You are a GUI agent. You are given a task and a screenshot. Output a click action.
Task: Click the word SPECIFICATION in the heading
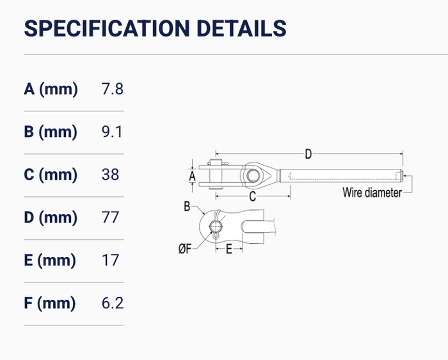(x=107, y=28)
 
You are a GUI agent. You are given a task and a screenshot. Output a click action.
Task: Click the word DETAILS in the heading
(x=241, y=28)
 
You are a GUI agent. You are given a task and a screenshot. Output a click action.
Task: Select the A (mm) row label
(x=51, y=89)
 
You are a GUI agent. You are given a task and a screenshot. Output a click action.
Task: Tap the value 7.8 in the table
(x=113, y=89)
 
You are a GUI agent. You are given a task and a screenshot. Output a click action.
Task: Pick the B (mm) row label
(x=51, y=132)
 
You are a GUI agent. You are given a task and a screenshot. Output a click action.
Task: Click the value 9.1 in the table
(x=112, y=132)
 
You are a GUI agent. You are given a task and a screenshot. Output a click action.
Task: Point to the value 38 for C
(x=110, y=175)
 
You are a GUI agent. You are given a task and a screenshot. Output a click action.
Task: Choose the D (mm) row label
(x=51, y=217)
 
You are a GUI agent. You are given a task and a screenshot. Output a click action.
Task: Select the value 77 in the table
(x=110, y=217)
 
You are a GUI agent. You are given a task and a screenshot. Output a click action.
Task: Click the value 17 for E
(x=110, y=260)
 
